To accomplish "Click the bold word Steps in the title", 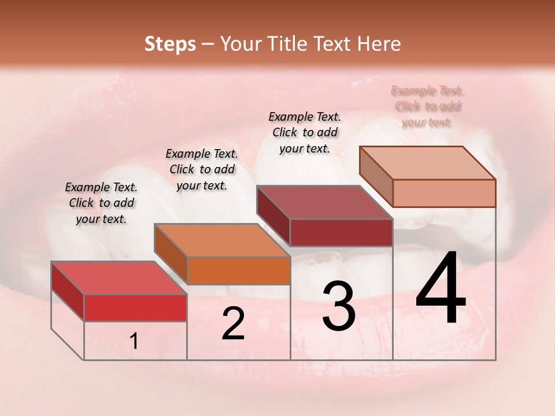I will tap(170, 44).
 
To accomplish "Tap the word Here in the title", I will tap(380, 44).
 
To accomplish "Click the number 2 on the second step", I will tap(233, 324).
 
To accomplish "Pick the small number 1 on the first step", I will tap(134, 341).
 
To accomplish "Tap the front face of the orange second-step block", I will tap(239, 270).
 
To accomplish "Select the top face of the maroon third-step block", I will tap(324, 202).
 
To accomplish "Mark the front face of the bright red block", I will tap(135, 307).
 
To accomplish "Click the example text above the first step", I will tap(101, 203).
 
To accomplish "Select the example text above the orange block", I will tap(202, 169).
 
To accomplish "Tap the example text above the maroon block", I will tap(305, 132).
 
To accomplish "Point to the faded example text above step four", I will tap(427, 106).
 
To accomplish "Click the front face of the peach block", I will tap(444, 193).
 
